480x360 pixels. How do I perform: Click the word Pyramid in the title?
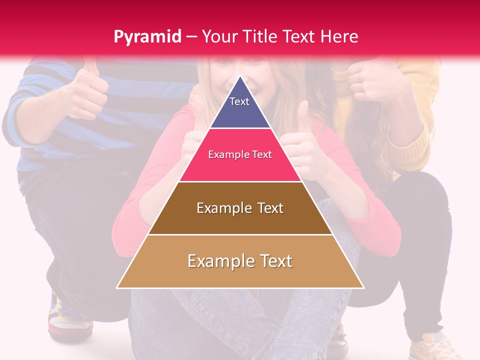click(147, 37)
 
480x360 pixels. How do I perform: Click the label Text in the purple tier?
click(239, 101)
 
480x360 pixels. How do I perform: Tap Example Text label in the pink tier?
click(240, 154)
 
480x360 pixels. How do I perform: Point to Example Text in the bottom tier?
click(240, 261)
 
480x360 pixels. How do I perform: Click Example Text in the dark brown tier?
click(240, 208)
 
